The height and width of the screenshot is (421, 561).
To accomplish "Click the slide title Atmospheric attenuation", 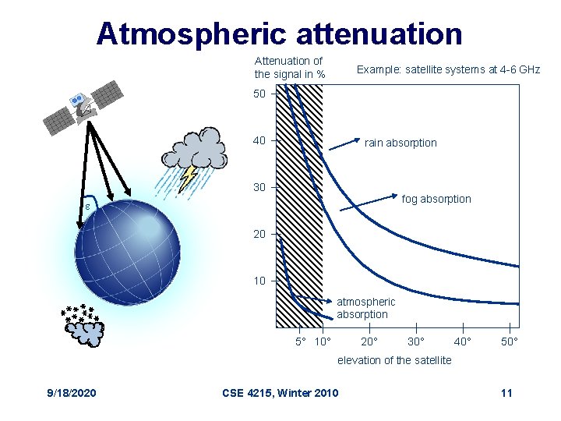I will click(280, 34).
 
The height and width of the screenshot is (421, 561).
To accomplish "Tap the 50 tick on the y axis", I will click(259, 94).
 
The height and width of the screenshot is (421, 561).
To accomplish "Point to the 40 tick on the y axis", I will click(259, 141).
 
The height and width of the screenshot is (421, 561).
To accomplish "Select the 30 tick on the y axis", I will click(259, 187).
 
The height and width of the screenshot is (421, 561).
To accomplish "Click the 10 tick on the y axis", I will click(259, 281).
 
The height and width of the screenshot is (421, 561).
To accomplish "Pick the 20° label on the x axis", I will click(369, 342).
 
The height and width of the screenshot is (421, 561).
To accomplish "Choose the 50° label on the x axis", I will click(509, 342).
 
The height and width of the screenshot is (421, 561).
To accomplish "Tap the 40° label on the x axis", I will click(462, 342).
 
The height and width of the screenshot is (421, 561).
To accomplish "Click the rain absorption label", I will click(400, 143).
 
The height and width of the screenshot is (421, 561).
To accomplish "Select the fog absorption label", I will click(436, 199).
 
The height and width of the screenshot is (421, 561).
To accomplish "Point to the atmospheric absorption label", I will click(365, 308).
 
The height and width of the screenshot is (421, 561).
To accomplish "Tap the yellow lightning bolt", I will click(188, 178).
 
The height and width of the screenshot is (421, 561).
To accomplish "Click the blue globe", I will click(127, 244).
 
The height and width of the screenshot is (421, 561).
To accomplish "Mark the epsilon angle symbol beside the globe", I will click(88, 207).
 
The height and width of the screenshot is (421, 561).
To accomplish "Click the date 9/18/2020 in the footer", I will click(70, 392).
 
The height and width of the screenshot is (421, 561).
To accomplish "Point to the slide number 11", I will click(506, 392).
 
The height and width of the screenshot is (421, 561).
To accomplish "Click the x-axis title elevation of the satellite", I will click(394, 359).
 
